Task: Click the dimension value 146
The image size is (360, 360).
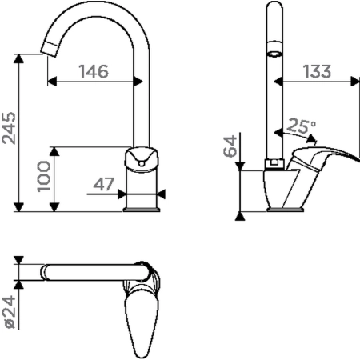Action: [x=93, y=71]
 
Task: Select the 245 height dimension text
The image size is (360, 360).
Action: [x=8, y=130]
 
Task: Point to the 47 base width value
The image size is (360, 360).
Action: [x=104, y=184]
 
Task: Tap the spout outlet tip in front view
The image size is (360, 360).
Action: [x=50, y=46]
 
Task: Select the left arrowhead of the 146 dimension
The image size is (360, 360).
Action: [x=51, y=81]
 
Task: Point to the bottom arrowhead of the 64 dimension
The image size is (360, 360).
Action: [x=238, y=214]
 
